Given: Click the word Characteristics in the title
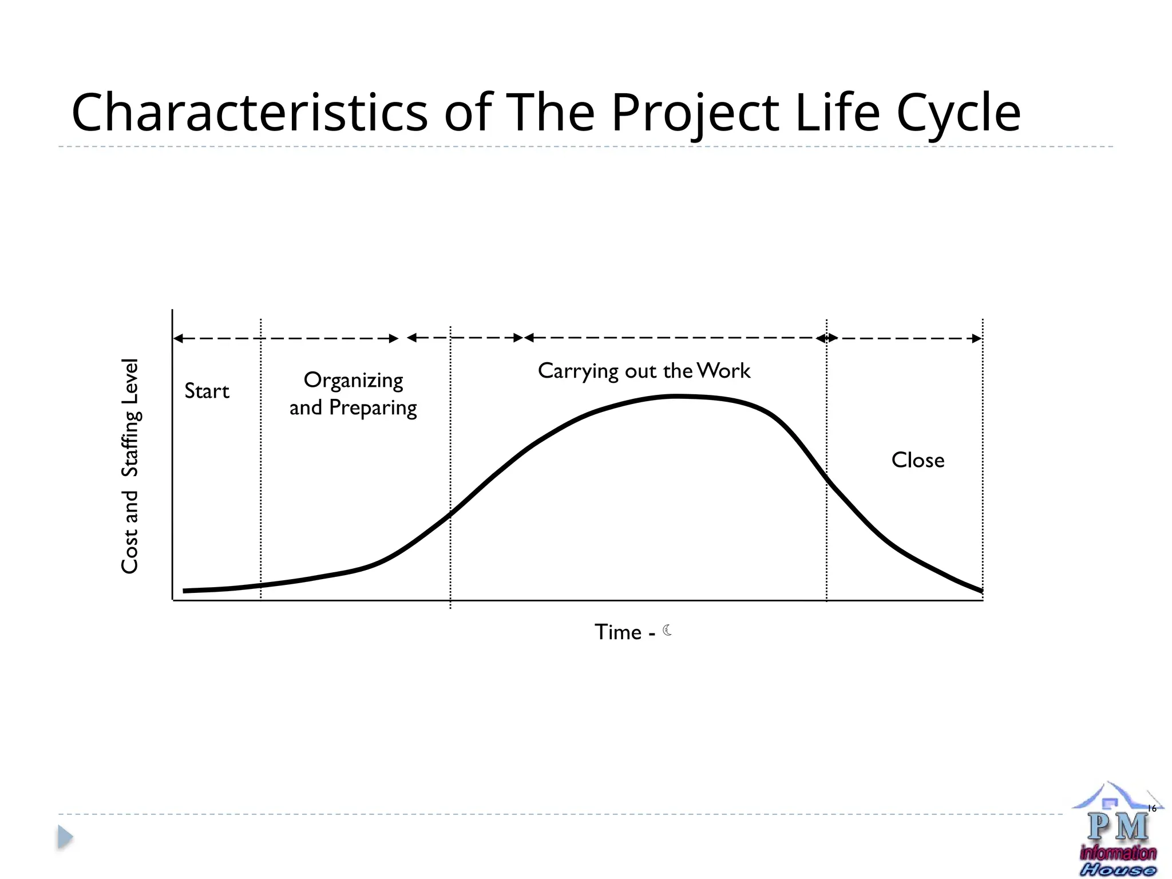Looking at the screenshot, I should (x=249, y=112).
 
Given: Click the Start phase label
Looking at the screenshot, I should (x=207, y=391).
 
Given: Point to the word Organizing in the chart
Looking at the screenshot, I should (x=353, y=381).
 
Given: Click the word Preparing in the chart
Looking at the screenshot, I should (x=373, y=408).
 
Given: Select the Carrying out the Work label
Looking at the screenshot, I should (x=644, y=371).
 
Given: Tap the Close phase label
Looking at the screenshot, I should (x=917, y=460).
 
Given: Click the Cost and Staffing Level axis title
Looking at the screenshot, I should (x=130, y=466).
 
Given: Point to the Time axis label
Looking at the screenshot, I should (x=618, y=632).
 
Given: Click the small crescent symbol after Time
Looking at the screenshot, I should (x=667, y=631).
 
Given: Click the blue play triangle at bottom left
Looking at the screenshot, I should (x=65, y=837).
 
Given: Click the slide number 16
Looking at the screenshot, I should (x=1152, y=808).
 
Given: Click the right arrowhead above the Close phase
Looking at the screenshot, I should (x=977, y=338).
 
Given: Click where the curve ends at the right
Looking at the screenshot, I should (x=981, y=591).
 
